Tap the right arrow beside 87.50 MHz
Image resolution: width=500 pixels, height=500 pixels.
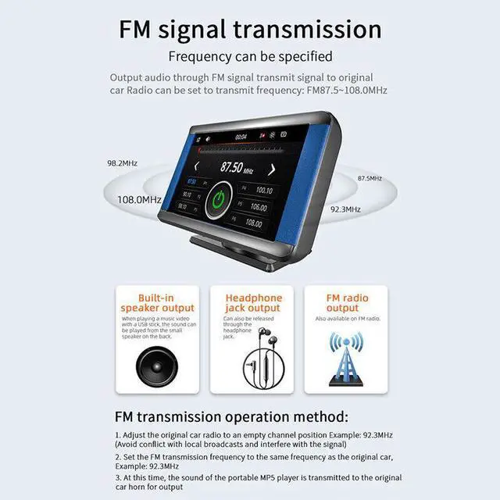point(272,170)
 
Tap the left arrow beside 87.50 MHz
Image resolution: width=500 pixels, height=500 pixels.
point(196,166)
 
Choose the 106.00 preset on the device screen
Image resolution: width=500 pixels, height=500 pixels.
point(255,208)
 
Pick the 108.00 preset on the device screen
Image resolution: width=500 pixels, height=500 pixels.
point(253,223)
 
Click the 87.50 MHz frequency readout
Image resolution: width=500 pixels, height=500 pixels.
point(236,167)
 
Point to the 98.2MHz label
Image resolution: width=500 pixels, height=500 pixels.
point(123,163)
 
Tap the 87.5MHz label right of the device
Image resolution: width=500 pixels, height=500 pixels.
point(370,179)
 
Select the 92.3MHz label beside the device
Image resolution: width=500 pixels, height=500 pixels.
point(345,209)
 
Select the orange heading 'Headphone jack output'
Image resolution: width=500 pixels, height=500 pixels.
point(253,302)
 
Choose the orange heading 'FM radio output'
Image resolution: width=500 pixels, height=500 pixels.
point(346,303)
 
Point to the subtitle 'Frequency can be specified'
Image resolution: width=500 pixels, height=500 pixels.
point(250,56)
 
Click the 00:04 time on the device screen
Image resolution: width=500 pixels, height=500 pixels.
point(241,137)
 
